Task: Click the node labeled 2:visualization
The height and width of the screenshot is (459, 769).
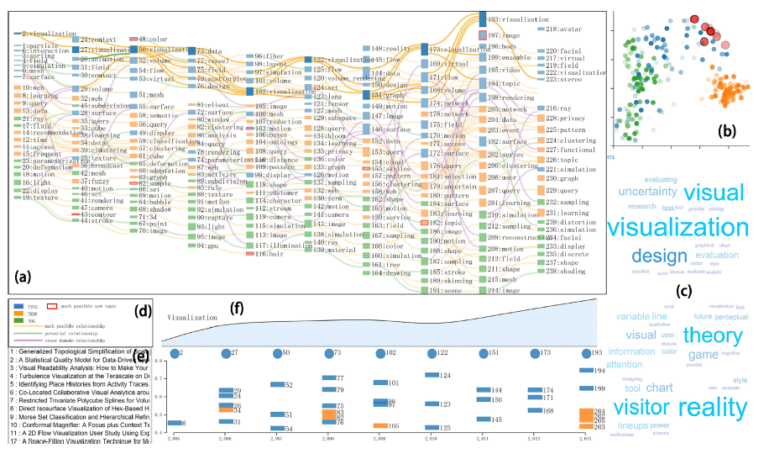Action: click(x=34, y=34)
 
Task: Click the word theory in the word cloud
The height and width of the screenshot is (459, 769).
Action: click(x=713, y=336)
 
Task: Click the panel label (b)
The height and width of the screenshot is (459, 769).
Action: click(x=725, y=130)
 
